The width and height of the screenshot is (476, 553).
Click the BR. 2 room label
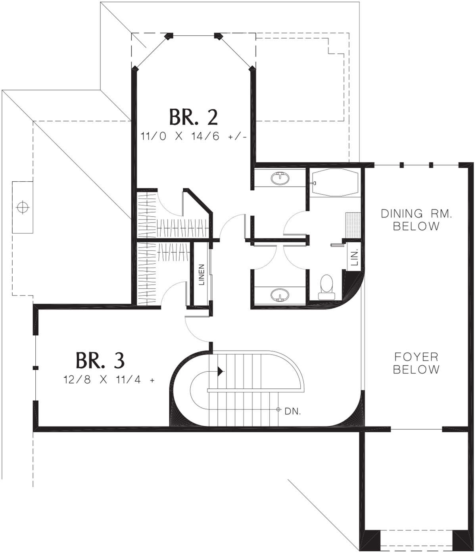194,117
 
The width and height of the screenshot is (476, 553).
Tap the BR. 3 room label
100,360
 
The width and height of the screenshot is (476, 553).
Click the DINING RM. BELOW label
416,220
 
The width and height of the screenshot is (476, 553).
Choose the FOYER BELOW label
416,363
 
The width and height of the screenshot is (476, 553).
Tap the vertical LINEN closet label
202,275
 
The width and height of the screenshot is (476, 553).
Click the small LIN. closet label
354,257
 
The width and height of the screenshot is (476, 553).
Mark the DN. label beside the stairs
293,411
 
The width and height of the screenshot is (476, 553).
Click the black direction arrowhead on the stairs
221,371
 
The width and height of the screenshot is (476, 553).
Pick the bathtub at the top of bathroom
335,183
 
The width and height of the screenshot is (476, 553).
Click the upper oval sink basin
280,178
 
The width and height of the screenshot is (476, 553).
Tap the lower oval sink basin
280,295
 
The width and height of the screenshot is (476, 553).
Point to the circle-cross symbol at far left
23,207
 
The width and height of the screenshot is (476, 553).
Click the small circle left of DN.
278,410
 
